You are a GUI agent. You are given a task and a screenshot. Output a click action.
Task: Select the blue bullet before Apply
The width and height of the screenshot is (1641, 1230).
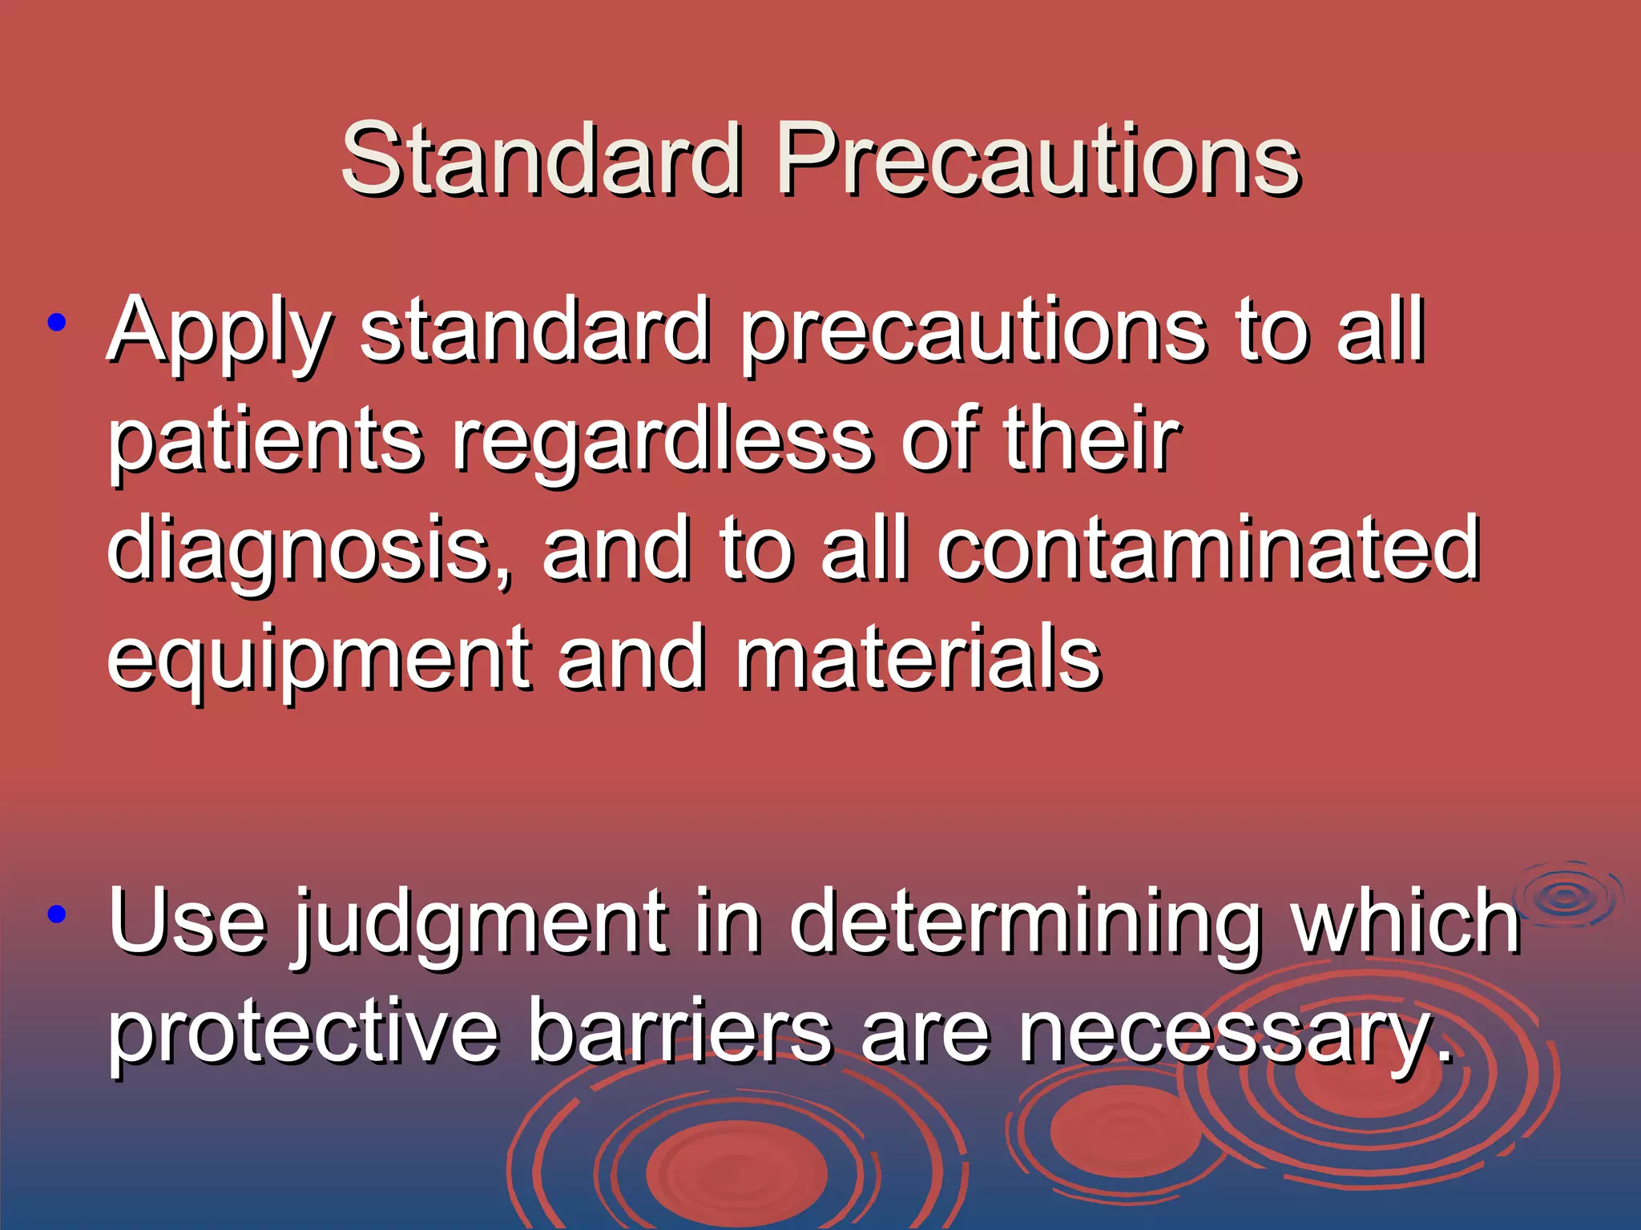coord(56,324)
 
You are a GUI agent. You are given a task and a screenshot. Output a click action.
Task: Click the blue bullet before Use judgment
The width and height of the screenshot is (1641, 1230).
coord(56,914)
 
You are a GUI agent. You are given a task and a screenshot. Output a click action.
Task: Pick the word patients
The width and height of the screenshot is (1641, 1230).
coord(264,440)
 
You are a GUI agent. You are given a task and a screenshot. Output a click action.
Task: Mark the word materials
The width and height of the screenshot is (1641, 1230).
coord(918,658)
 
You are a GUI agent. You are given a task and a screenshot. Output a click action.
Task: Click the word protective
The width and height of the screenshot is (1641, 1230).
coord(304,1033)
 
